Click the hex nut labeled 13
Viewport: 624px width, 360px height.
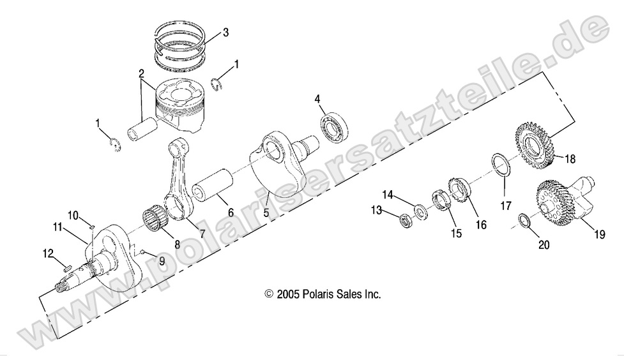tap(405, 221)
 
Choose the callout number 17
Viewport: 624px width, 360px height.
tap(505, 206)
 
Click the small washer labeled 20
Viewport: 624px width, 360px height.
tap(522, 221)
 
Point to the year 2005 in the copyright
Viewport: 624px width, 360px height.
tap(287, 294)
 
